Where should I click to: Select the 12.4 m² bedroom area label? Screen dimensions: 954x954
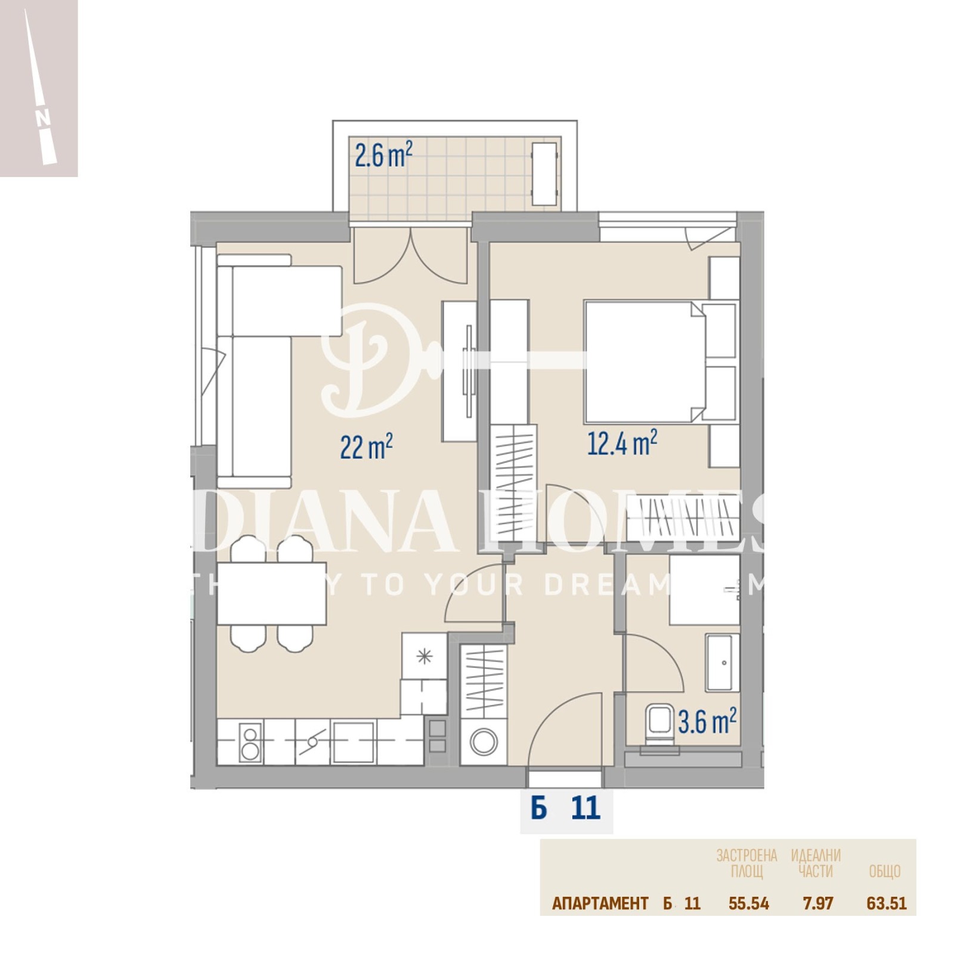(622, 442)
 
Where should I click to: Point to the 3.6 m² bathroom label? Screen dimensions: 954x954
(707, 721)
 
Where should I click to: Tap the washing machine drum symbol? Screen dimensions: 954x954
(484, 743)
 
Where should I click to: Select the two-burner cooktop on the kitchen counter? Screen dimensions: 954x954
(250, 742)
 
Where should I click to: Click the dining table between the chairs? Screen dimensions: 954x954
(271, 593)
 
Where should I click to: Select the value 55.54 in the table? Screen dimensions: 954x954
(748, 903)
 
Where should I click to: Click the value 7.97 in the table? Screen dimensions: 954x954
(817, 903)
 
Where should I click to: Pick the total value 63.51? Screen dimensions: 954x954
(886, 903)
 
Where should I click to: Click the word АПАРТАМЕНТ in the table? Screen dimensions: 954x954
(600, 903)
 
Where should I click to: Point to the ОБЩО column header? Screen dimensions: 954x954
(884, 872)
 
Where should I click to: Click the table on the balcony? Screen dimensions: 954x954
(544, 174)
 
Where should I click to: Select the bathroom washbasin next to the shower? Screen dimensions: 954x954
(723, 662)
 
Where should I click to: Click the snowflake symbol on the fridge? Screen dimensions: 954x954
(424, 656)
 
